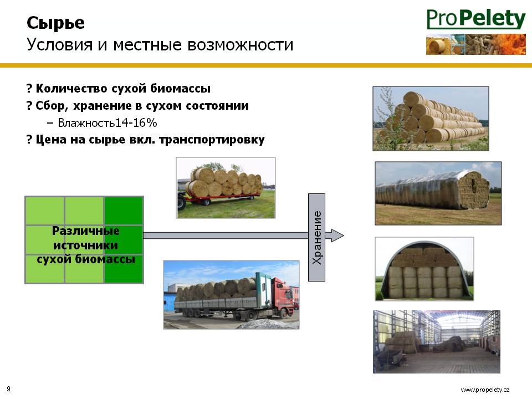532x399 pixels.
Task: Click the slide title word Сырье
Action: coord(55,23)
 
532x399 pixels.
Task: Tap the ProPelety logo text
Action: coord(476,19)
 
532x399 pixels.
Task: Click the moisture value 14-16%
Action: coord(136,122)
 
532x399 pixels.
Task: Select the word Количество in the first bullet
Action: coord(71,89)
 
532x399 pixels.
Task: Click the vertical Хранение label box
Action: coord(316,238)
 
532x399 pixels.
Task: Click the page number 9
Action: coord(8,389)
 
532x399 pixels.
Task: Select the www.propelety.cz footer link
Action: coord(485,390)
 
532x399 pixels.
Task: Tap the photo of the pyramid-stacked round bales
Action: coord(431,119)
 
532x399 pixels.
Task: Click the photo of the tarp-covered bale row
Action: coord(438,193)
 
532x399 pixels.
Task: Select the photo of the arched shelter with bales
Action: coord(424,269)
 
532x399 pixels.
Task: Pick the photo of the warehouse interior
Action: coord(437,342)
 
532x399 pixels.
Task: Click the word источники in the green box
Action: coord(85,245)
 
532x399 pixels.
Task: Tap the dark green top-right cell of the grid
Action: coord(124,211)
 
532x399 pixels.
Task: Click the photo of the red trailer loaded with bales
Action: coord(226,188)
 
